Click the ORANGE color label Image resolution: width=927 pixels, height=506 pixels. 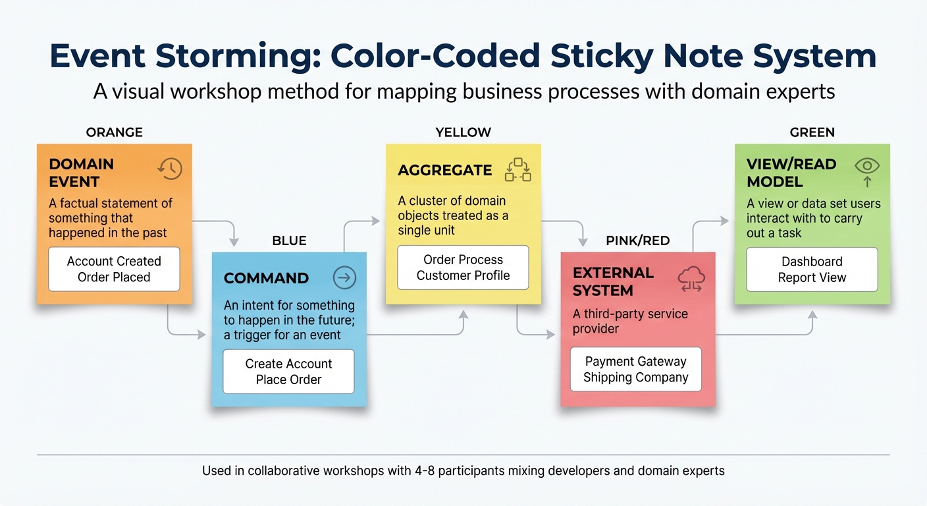114,132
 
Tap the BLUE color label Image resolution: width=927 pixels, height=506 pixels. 289,240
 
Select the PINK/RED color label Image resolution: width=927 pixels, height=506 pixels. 637,240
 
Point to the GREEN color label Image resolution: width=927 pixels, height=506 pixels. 812,132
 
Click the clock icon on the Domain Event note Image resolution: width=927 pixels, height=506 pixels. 170,169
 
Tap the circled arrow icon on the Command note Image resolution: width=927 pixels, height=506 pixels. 344,278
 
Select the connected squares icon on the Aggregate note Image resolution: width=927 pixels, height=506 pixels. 517,170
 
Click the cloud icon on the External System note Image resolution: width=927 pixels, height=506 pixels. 691,280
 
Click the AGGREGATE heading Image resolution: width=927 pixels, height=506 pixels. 444,170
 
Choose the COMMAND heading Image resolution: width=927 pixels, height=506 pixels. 266,278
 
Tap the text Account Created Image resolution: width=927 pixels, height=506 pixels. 114,262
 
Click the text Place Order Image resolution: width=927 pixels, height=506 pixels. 288,379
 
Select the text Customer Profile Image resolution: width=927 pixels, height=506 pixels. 463,275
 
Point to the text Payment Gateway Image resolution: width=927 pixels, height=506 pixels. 635,361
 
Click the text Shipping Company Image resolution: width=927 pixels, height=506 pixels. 635,378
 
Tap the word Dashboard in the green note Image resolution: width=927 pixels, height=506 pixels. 812,262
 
